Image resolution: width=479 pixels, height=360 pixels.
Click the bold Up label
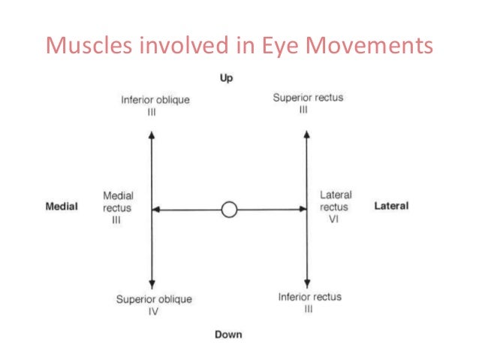click(x=226, y=78)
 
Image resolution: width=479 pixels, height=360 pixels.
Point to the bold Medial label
click(x=62, y=207)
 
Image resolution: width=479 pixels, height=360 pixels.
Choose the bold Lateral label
click(x=391, y=206)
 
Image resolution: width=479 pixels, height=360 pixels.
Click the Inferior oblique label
click(x=155, y=100)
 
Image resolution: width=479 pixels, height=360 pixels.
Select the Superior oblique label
click(x=153, y=299)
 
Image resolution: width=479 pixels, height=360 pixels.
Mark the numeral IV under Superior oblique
click(x=153, y=312)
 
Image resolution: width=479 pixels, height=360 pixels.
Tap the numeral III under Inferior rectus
click(x=309, y=309)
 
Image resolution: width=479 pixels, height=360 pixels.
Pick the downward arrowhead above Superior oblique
click(x=152, y=284)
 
